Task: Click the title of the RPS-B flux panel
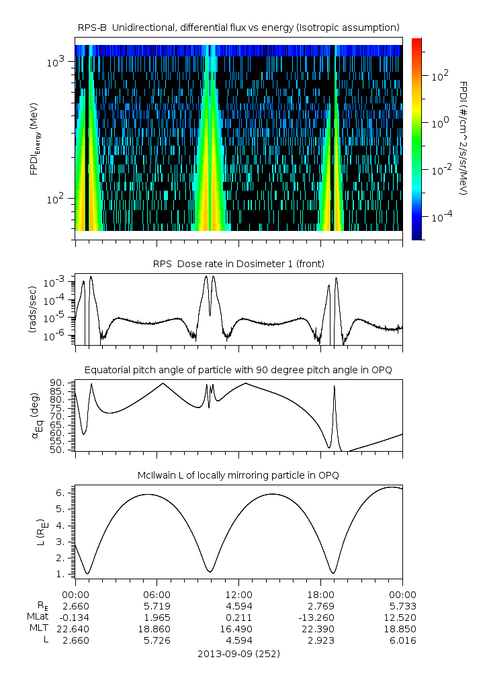238,27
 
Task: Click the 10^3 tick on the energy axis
55,62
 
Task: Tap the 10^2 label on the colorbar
441,77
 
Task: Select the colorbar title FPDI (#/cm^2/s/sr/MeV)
464,138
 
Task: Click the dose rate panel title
238,264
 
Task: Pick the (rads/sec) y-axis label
32,309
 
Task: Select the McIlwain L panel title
238,475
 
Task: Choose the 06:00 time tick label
157,594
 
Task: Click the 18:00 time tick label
320,594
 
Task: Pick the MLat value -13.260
320,617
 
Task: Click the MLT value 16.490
238,629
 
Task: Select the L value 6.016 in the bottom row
402,640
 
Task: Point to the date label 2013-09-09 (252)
238,653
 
